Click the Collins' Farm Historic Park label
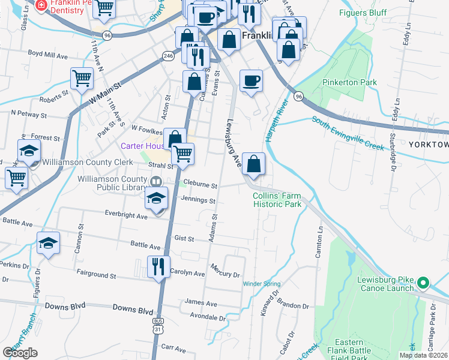[x=277, y=200]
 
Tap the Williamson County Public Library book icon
[x=155, y=181]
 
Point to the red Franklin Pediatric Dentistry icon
[x=40, y=6]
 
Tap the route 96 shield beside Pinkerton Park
[x=298, y=95]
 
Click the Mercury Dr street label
[x=225, y=270]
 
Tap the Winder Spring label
[x=261, y=284]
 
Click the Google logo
[x=20, y=352]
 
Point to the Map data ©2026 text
[x=423, y=355]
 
